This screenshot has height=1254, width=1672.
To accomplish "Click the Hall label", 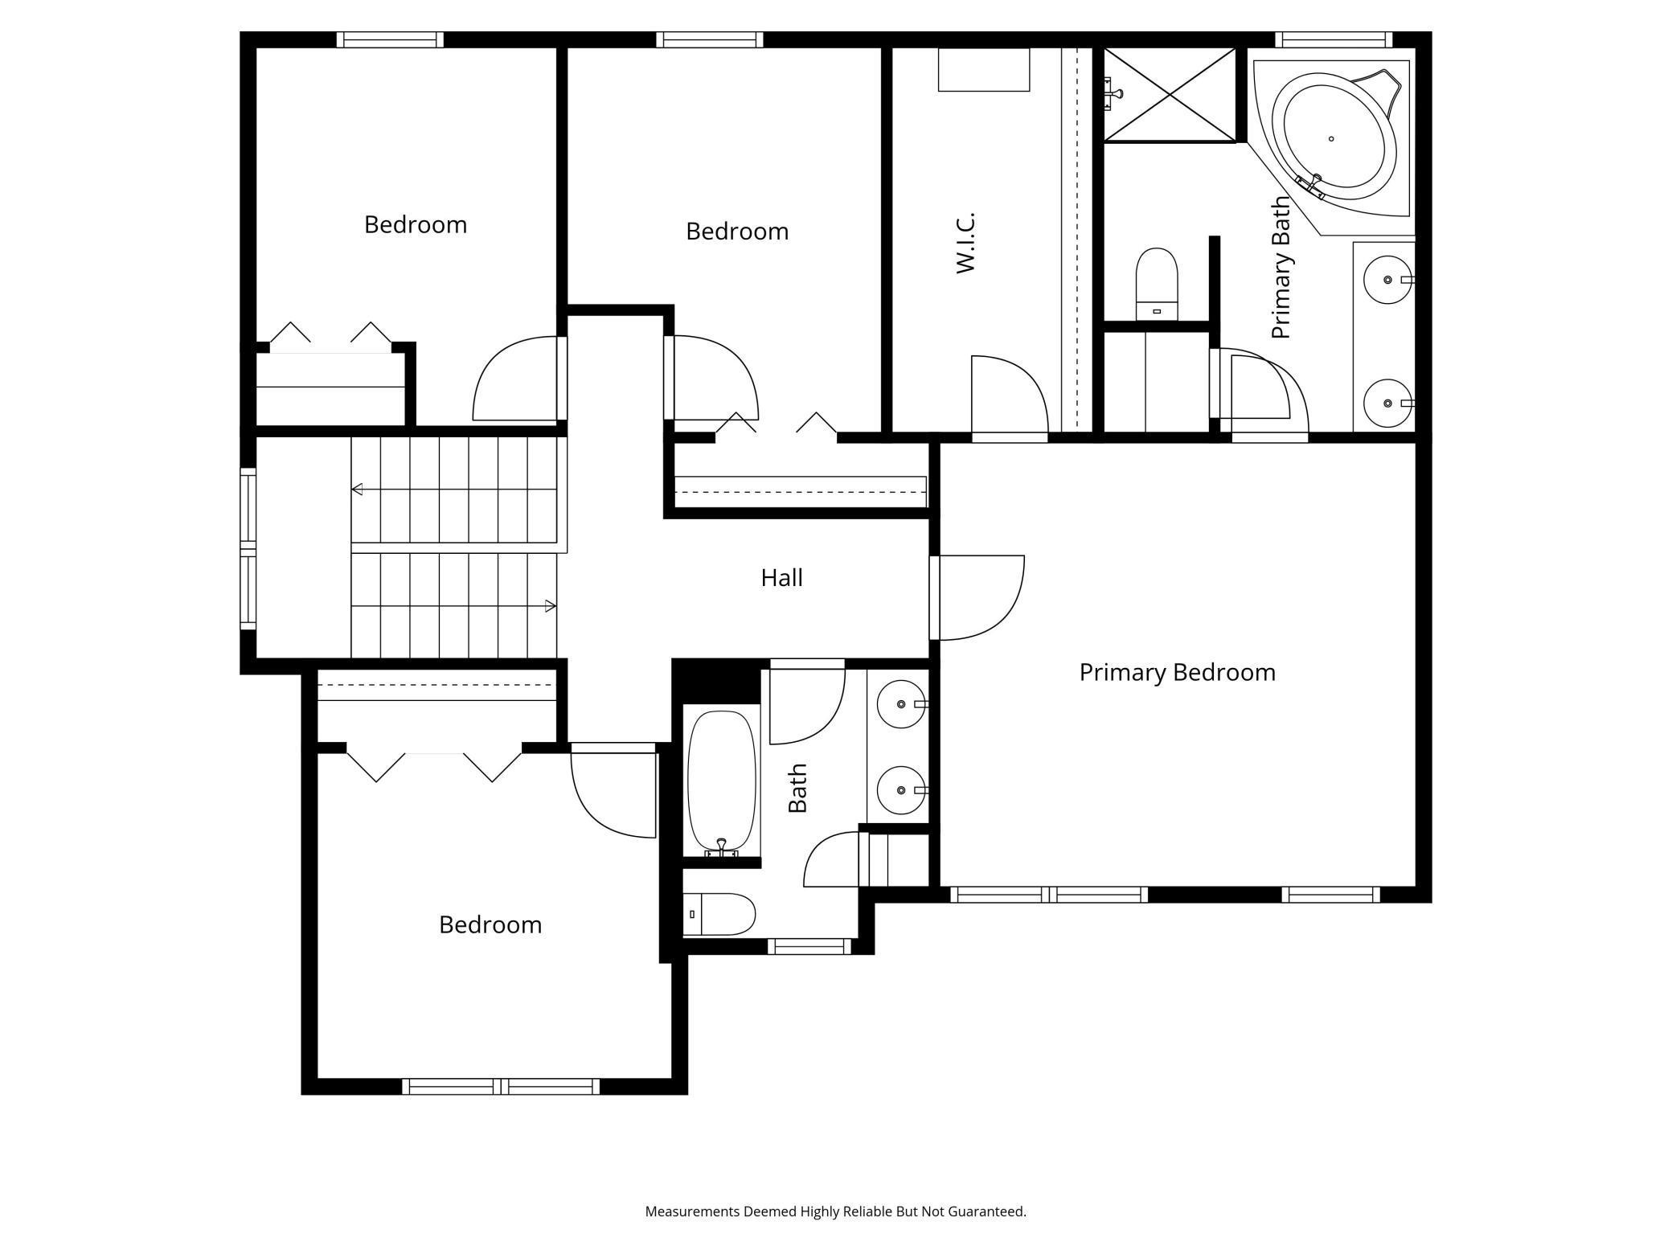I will tap(781, 577).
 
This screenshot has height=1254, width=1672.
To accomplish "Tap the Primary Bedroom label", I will tap(1177, 672).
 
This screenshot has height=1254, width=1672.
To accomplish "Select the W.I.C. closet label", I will tap(965, 243).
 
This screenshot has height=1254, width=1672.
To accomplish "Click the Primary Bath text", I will tap(1281, 268).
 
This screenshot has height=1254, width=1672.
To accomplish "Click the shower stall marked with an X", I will tap(1170, 95).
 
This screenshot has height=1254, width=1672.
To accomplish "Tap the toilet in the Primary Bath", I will tap(1156, 283).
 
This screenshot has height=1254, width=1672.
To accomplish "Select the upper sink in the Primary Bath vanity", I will tap(1387, 279).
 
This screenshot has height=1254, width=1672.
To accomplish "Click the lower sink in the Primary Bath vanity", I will tap(1387, 403).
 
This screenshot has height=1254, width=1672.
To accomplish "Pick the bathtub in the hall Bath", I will tap(722, 781).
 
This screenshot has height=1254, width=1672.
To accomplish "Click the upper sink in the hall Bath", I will tap(900, 704).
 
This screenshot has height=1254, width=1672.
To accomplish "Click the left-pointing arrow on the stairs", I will tap(357, 489).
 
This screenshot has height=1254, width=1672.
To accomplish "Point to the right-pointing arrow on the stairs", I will tap(551, 606).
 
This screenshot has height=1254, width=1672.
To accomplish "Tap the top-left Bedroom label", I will tap(415, 224).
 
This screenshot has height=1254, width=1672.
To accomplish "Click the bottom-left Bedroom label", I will tap(490, 924).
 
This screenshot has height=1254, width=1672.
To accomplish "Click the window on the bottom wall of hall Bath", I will tap(809, 947).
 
